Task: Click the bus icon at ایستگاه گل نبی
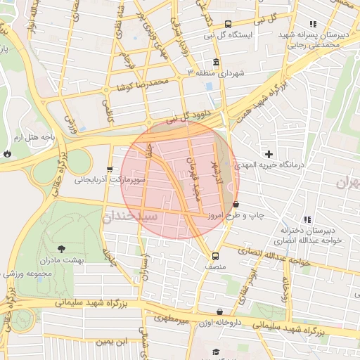(227, 25)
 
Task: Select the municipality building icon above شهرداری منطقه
(215, 62)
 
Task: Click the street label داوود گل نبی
(191, 117)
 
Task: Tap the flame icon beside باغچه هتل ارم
(7, 152)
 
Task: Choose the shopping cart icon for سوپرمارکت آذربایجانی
(110, 169)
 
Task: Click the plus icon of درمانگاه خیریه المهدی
(269, 153)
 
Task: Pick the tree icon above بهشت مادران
(61, 249)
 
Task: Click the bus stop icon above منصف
(215, 256)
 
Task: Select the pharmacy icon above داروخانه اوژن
(220, 311)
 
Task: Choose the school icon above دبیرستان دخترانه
(307, 219)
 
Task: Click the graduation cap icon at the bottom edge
(217, 352)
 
